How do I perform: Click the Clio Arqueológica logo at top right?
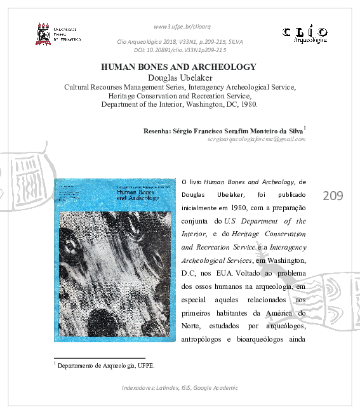coord(305,33)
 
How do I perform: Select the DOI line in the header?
coord(180,50)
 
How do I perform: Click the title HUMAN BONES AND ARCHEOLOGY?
coord(179,67)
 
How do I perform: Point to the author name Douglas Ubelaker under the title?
coord(179,77)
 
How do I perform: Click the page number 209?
coord(333,196)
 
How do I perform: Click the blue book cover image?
coord(114,260)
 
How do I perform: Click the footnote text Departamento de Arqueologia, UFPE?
coord(106,366)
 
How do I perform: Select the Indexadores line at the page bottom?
coord(180,388)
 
